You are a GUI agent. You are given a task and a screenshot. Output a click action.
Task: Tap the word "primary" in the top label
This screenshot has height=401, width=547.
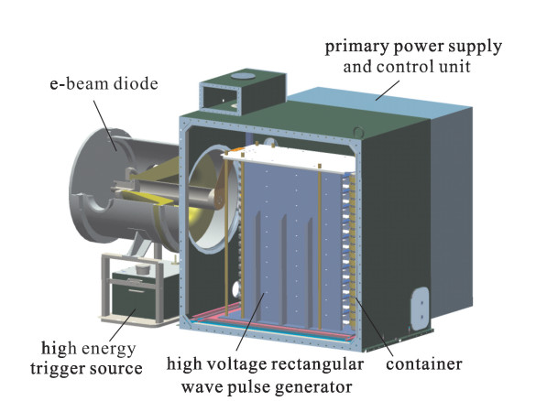356,47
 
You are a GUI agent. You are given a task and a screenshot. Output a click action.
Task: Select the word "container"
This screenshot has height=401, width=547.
424,364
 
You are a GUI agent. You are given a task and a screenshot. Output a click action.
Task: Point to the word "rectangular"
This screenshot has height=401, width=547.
317,364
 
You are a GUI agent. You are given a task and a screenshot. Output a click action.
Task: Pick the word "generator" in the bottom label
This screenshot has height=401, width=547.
313,387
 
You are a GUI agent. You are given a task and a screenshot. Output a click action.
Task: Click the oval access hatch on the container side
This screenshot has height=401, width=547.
421,309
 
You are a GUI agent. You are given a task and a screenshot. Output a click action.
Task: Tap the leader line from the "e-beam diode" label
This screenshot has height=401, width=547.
105,125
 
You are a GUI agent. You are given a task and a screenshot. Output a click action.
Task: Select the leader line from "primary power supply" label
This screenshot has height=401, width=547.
388,91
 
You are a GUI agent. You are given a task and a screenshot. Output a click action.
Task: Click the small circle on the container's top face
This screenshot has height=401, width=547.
358,132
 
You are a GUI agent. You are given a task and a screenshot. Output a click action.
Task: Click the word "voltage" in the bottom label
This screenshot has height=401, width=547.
230,364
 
